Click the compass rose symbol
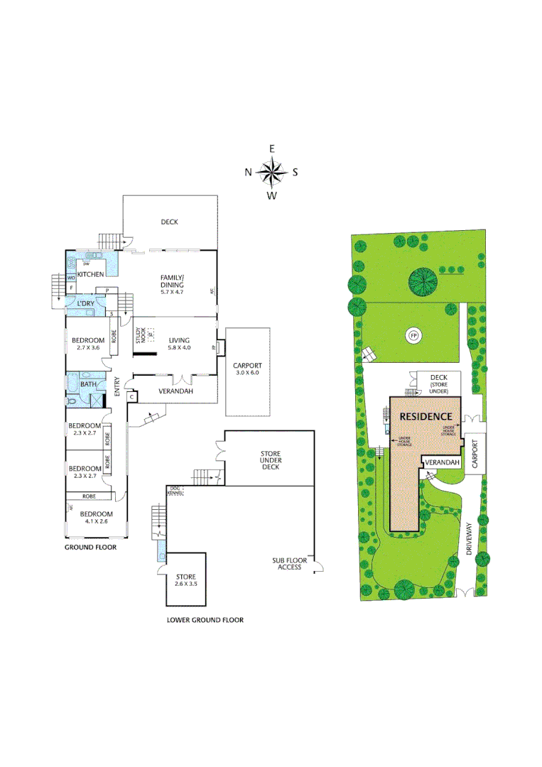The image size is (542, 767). coord(271,171)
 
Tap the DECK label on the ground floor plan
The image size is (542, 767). coord(169,222)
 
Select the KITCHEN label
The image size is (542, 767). coord(91,274)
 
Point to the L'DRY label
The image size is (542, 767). coord(86,303)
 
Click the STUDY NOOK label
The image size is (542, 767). coord(140,335)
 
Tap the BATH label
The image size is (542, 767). coord(88,384)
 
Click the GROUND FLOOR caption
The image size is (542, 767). coord(90,548)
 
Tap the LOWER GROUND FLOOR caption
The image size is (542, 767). coord(205,620)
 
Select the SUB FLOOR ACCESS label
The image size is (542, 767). coord(290,564)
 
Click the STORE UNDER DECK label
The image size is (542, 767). coord(270,460)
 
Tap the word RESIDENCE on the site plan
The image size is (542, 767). coord(426,416)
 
